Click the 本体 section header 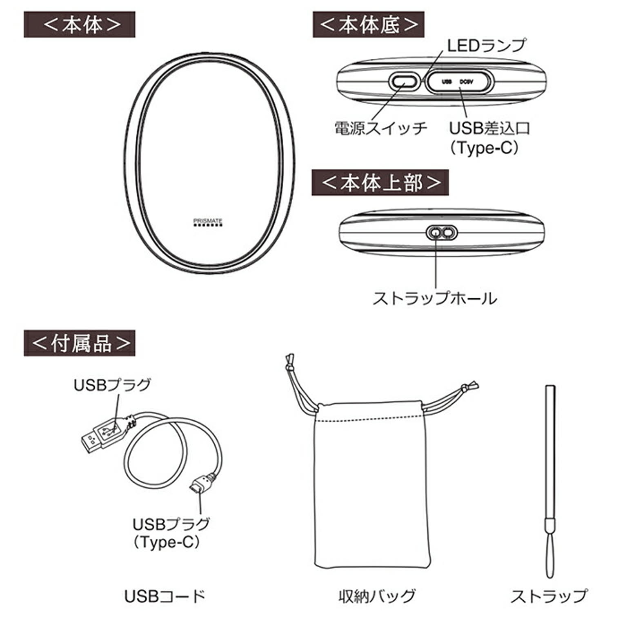pos(80,25)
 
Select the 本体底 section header pos(368,25)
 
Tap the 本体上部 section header pos(380,183)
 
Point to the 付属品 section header pos(80,343)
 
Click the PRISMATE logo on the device pos(208,222)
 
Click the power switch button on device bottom pos(403,82)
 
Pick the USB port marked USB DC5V pos(459,82)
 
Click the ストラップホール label pos(435,298)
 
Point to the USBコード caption pos(165,596)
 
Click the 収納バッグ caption pos(376,596)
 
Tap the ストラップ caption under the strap pos(549,596)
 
